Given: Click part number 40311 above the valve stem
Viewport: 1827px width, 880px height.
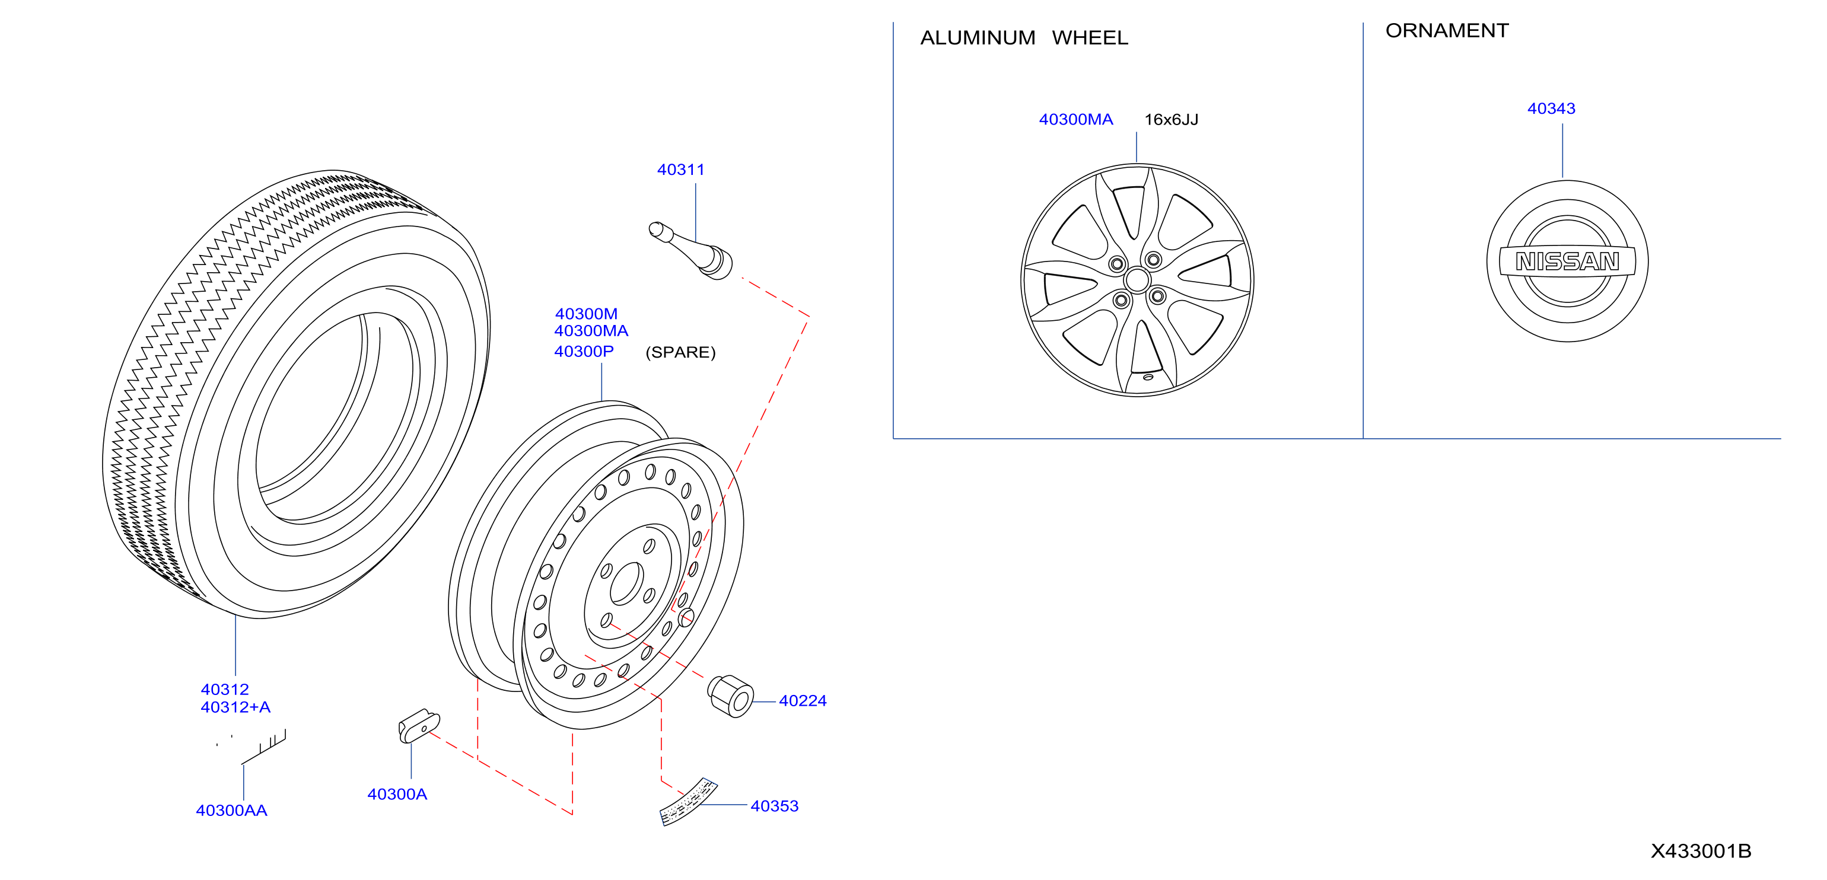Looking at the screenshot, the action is (x=680, y=170).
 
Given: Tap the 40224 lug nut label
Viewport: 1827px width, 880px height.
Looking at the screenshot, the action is (x=802, y=700).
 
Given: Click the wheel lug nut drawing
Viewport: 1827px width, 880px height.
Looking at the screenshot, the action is (x=731, y=696).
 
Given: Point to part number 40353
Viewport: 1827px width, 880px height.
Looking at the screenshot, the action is (x=775, y=806).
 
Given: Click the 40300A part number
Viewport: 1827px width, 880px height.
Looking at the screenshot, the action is (x=397, y=794).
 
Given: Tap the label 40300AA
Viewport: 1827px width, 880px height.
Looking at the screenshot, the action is (x=231, y=811).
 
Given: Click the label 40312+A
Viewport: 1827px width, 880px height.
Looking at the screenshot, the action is (x=235, y=707).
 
